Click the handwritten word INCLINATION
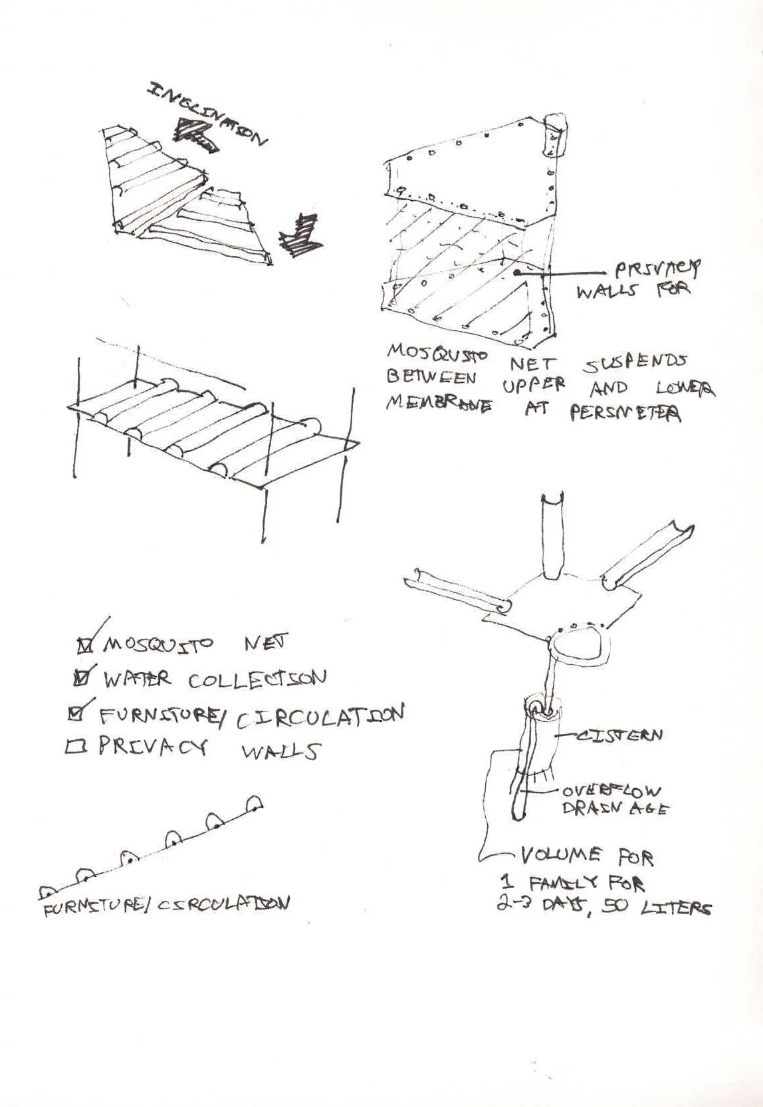pos(207,113)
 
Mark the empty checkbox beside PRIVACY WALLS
pos(73,748)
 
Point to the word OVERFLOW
pos(612,791)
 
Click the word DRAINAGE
pos(615,808)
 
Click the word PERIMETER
pos(625,414)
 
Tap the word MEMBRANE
pos(439,404)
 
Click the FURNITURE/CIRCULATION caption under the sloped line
pos(166,906)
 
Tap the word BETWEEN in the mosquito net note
pos(431,376)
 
